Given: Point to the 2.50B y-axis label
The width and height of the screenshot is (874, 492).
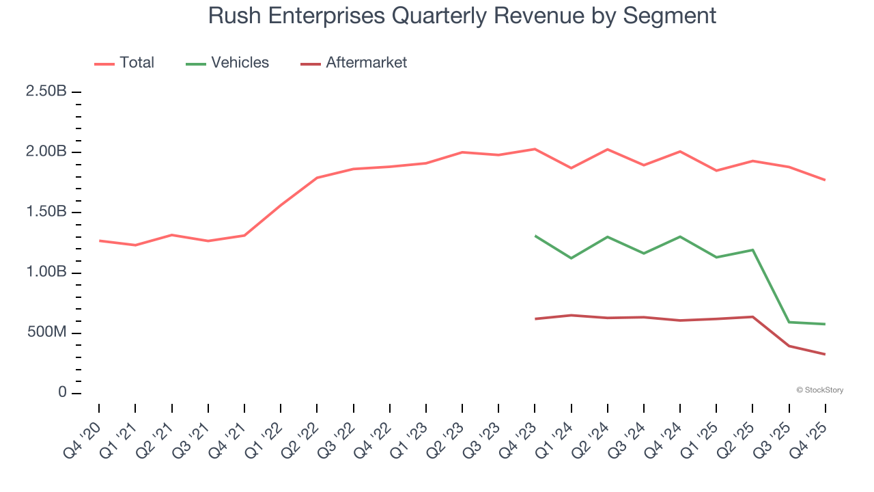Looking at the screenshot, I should tap(46, 92).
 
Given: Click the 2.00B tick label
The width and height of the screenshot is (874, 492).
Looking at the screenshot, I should tap(46, 152).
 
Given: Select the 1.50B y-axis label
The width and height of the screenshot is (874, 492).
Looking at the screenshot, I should tap(46, 212).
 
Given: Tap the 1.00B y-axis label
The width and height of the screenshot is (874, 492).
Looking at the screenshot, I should tap(46, 273).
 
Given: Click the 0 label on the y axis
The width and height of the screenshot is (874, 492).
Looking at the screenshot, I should tap(62, 393).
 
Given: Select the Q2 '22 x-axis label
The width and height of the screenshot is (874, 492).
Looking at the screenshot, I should tap(301, 437).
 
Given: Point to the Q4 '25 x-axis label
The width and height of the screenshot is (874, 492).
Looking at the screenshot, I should tap(809, 437).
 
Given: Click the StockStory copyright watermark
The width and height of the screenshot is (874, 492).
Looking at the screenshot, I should tap(819, 390).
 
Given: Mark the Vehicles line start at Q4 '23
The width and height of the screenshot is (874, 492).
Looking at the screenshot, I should tap(535, 236).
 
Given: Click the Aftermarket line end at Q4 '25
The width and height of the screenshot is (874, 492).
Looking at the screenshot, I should tap(825, 354).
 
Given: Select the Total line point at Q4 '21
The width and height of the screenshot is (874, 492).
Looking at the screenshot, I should tap(244, 235).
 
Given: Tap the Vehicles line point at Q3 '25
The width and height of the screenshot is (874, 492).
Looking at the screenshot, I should tap(789, 322).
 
